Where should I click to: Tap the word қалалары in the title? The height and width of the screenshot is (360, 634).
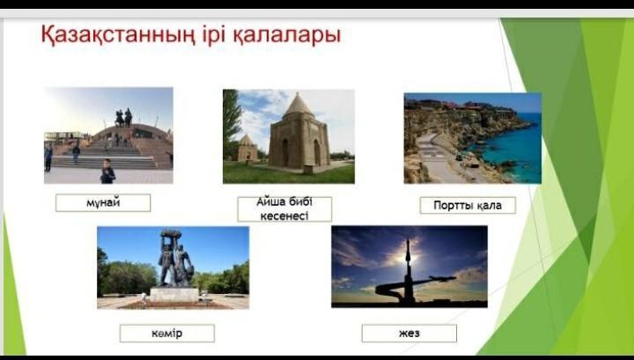tap(287, 36)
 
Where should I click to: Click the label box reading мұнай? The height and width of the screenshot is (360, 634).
tap(103, 202)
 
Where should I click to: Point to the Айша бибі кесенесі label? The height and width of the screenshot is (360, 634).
tap(284, 209)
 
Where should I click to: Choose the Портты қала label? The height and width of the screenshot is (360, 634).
tap(468, 205)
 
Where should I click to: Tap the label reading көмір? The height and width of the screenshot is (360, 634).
tap(167, 334)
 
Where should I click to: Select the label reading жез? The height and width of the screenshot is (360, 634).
tap(409, 334)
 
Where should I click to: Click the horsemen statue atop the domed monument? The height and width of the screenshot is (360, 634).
tap(124, 118)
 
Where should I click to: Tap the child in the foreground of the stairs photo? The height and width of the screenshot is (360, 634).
tap(107, 172)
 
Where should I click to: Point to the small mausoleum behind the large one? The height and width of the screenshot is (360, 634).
tap(247, 148)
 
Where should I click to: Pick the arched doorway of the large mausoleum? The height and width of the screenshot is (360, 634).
tap(285, 153)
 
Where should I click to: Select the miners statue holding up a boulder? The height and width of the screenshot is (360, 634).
tap(174, 259)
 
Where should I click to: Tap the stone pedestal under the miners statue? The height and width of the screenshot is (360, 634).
tap(174, 294)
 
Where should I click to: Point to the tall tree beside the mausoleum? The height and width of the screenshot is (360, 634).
tap(232, 121)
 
